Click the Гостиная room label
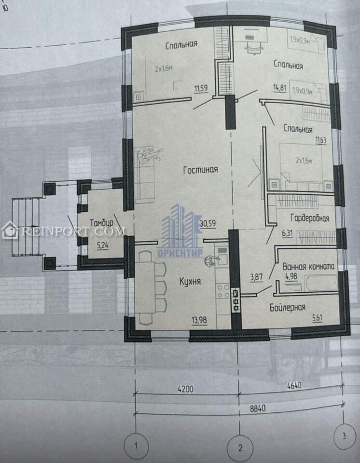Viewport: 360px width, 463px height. click(x=201, y=170)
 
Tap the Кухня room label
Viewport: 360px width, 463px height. click(x=190, y=281)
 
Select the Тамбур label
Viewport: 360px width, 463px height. click(x=101, y=223)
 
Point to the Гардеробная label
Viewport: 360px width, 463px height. click(x=310, y=218)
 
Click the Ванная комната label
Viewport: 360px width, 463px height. click(x=308, y=266)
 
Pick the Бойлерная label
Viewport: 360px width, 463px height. click(x=287, y=308)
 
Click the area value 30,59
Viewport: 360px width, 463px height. click(x=208, y=223)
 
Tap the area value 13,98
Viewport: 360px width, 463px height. click(x=199, y=320)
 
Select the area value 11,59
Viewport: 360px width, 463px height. click(x=201, y=88)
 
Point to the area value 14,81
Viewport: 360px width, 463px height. click(x=280, y=88)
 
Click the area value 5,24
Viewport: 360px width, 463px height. click(x=102, y=245)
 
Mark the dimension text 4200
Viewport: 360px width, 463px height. click(x=186, y=389)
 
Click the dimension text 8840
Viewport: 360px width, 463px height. click(x=258, y=408)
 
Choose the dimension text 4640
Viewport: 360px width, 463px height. click(x=294, y=386)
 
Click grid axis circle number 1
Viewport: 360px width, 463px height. click(x=136, y=446)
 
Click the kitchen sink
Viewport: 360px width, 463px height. click(x=222, y=259)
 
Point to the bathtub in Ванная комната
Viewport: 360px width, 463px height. click(x=321, y=284)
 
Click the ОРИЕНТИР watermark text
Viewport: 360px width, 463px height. click(x=180, y=253)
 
